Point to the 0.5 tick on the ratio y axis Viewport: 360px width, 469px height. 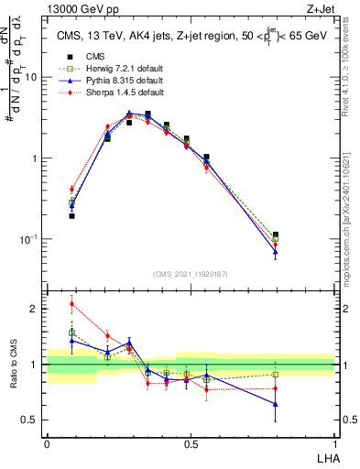pyautogui.click(x=33, y=420)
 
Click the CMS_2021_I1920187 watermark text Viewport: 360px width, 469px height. pyautogui.click(x=191, y=274)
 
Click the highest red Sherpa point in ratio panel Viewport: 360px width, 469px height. pyautogui.click(x=71, y=304)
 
